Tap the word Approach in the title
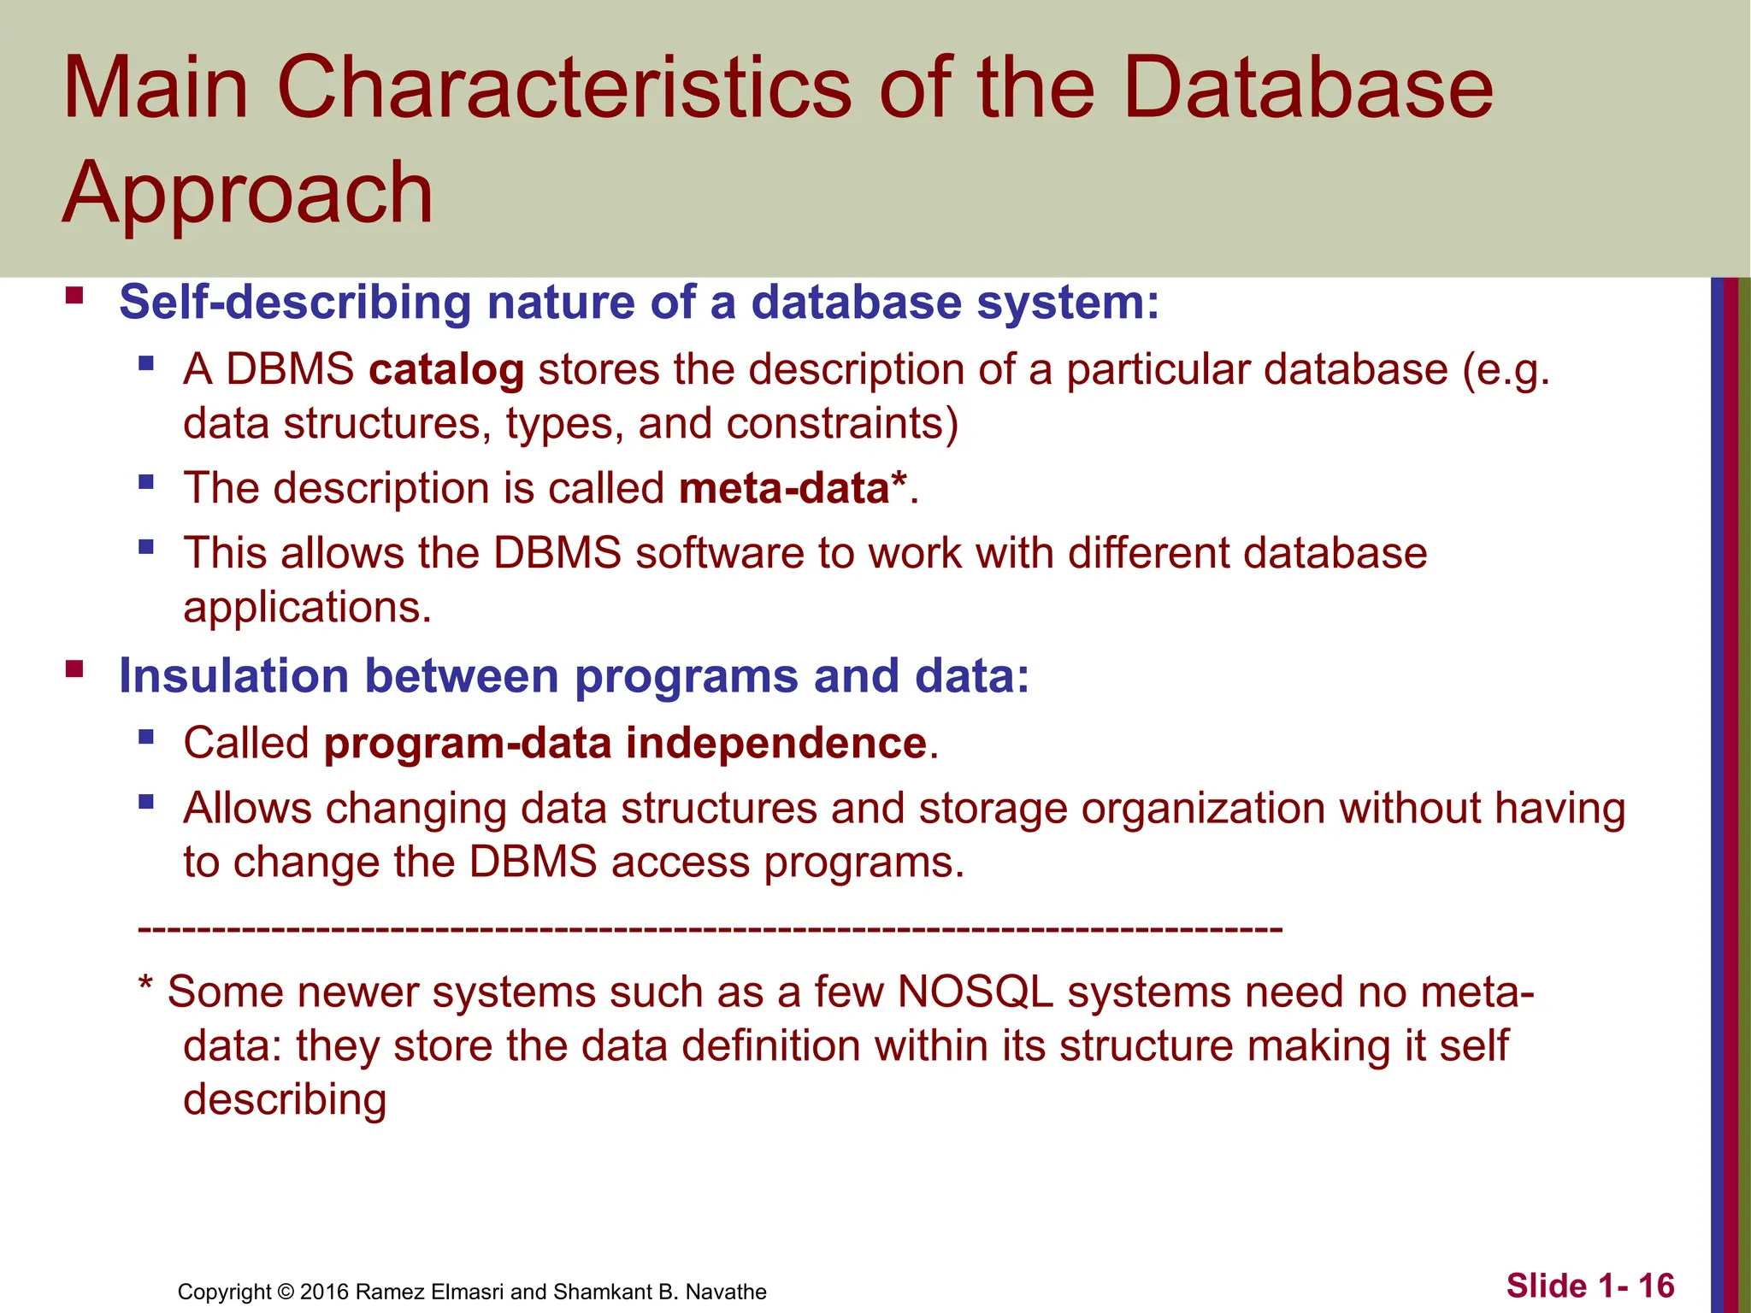[248, 195]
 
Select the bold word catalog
[446, 370]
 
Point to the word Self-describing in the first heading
[295, 303]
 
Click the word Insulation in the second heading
[233, 676]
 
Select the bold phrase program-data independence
[625, 743]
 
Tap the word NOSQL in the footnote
[975, 992]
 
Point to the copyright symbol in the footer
[286, 1292]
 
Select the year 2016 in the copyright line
[324, 1292]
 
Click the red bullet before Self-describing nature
[74, 297]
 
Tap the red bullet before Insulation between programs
[74, 669]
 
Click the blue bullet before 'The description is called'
[146, 482]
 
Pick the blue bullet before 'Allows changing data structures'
[146, 802]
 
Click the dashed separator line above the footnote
[710, 928]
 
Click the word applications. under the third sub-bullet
[307, 608]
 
